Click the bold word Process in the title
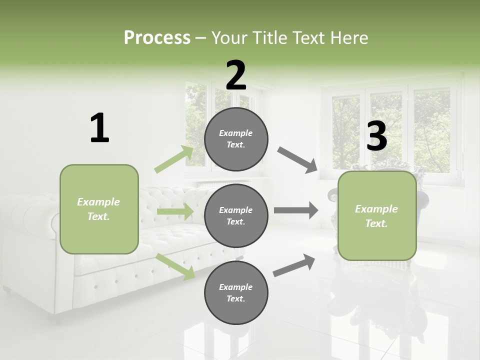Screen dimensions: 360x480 pos(157,38)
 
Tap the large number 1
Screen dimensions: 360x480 pos(99,128)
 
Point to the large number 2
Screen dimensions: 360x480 pos(236,75)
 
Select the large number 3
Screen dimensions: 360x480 pos(377,136)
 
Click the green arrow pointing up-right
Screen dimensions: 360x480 pos(174,159)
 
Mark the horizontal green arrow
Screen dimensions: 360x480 pos(175,212)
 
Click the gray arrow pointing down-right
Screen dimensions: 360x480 pos(297,160)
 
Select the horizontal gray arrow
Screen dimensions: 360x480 pos(295,210)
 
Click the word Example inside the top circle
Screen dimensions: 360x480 pos(236,133)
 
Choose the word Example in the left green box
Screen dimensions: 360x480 pos(98,202)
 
